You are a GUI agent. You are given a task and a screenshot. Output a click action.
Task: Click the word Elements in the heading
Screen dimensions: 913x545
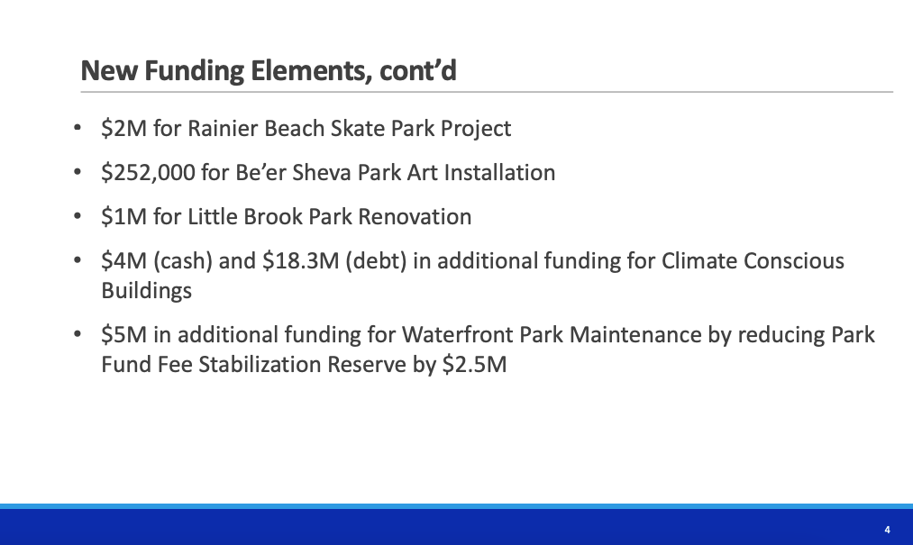pyautogui.click(x=311, y=71)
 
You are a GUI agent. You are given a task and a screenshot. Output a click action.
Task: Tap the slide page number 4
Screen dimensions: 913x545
pyautogui.click(x=887, y=530)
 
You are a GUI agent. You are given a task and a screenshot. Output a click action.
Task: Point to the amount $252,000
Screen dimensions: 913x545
pyautogui.click(x=148, y=172)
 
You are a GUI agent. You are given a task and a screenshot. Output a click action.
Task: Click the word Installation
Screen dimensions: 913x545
pyautogui.click(x=499, y=172)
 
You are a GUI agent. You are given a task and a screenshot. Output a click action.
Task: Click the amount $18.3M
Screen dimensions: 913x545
pyautogui.click(x=300, y=261)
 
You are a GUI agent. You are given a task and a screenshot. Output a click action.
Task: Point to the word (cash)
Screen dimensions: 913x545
pyautogui.click(x=183, y=261)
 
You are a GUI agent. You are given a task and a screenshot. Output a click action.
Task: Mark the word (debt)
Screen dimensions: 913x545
pyautogui.click(x=376, y=261)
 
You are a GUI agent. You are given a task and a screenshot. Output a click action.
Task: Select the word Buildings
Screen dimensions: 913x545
pyautogui.click(x=146, y=291)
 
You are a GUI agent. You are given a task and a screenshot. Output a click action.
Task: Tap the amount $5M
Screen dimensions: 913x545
pyautogui.click(x=124, y=335)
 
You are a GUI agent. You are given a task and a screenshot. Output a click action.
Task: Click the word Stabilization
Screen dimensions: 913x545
pyautogui.click(x=260, y=365)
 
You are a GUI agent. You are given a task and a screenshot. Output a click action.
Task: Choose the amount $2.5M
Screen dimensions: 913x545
pyautogui.click(x=475, y=365)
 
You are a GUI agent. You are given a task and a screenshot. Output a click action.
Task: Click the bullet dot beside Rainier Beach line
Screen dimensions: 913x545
pyautogui.click(x=78, y=128)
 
